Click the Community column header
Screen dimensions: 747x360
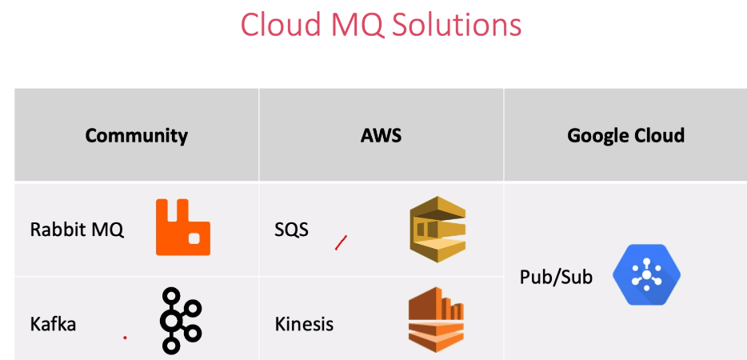(x=137, y=135)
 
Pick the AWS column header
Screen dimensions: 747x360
(x=381, y=135)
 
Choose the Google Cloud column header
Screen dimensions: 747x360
(x=625, y=135)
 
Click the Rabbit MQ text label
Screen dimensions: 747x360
(x=77, y=230)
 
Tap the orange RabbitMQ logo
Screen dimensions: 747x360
(x=183, y=227)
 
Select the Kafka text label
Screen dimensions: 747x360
(x=53, y=325)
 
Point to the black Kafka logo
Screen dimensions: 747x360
(x=181, y=321)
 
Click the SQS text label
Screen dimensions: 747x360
(x=292, y=230)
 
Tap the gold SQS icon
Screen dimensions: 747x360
(x=437, y=229)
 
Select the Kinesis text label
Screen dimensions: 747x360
(x=304, y=325)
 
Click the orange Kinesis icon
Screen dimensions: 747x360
(x=436, y=319)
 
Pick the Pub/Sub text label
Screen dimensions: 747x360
(x=556, y=278)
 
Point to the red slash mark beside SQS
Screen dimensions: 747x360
(x=341, y=242)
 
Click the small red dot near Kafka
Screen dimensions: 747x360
(x=125, y=338)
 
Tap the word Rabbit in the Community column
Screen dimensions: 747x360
(x=56, y=230)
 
